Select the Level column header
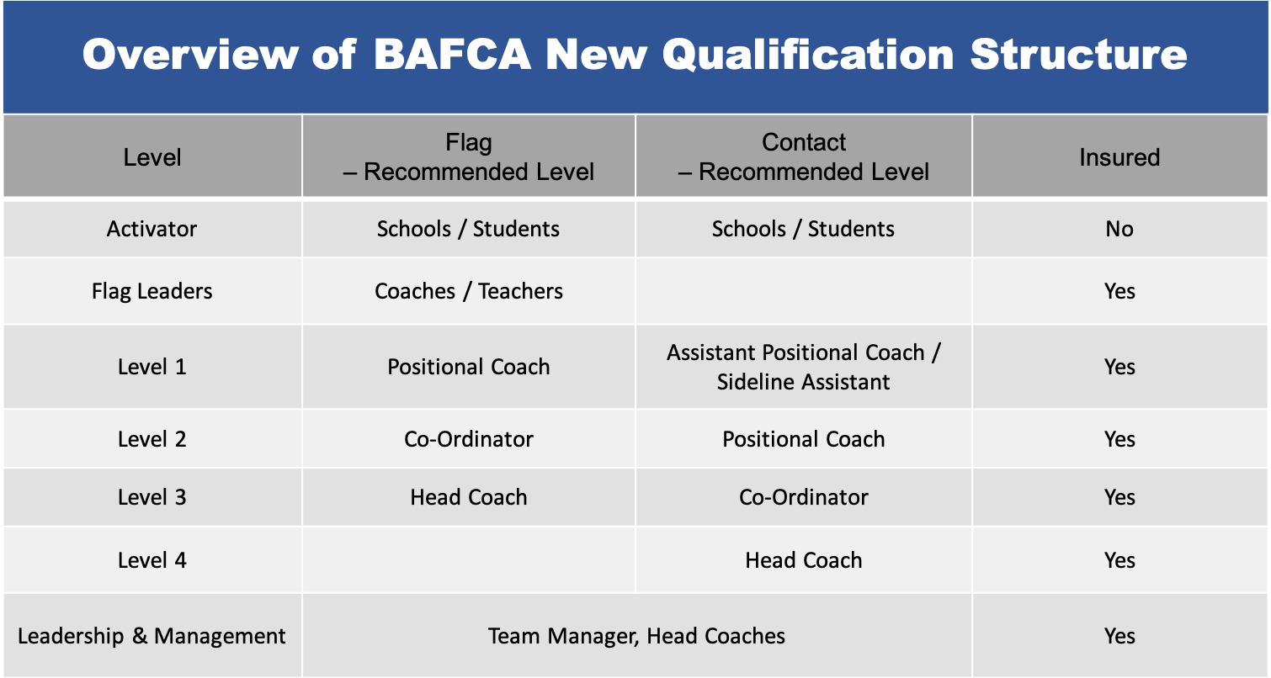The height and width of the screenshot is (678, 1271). [x=152, y=157]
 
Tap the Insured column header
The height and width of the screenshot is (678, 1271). [x=1119, y=157]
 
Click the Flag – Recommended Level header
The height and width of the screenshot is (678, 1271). [x=469, y=157]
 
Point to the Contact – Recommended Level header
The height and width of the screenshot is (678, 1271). [x=804, y=157]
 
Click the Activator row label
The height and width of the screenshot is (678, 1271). [x=152, y=229]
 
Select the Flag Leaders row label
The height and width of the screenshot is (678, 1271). [x=152, y=291]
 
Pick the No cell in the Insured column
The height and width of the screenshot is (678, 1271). [x=1119, y=229]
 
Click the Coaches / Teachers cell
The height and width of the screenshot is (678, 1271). [x=469, y=291]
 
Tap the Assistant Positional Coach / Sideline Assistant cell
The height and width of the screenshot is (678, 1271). [x=804, y=367]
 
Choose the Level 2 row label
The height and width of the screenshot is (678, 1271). [x=152, y=439]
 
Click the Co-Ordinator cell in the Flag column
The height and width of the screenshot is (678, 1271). [x=469, y=439]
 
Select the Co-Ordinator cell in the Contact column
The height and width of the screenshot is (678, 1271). [x=804, y=497]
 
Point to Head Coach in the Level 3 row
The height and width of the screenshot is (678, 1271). [x=469, y=497]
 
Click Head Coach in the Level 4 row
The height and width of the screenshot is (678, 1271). [x=804, y=560]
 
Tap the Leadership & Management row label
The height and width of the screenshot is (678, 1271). [x=152, y=636]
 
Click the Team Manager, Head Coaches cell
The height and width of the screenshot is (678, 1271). [x=636, y=636]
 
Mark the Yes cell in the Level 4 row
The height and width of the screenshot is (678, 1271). [x=1119, y=560]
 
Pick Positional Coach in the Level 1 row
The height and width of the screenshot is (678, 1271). [x=469, y=367]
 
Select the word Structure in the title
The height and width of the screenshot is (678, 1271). [x=1078, y=55]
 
